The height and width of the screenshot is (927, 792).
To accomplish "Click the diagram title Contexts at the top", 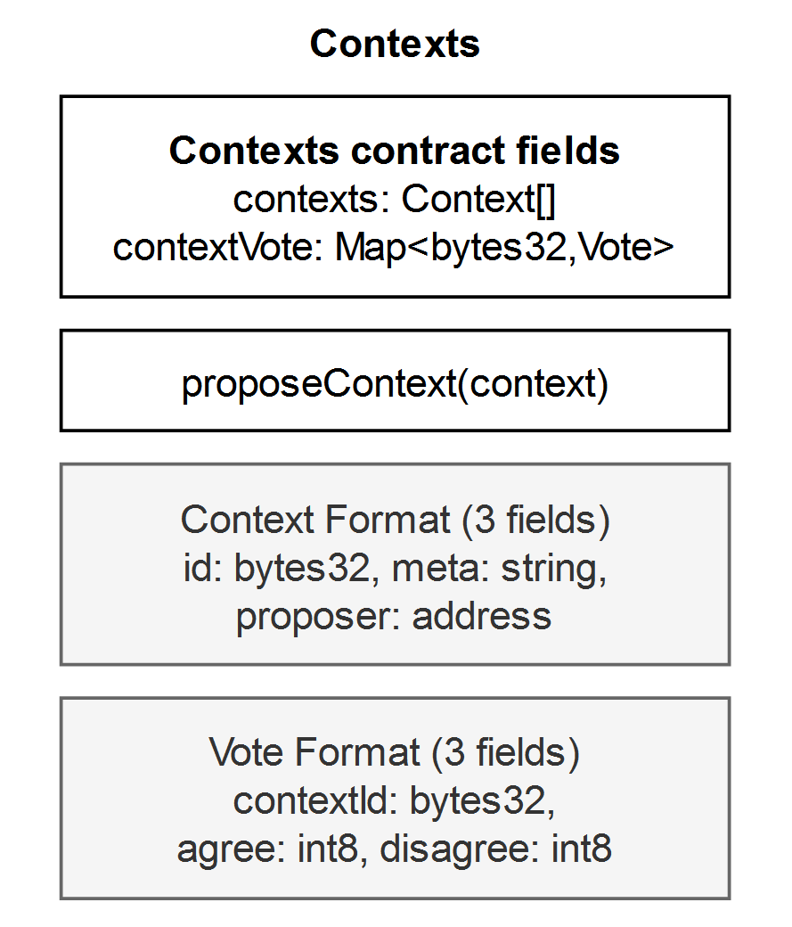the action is coord(395,44).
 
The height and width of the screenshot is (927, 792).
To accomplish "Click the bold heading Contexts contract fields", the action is coord(395,150).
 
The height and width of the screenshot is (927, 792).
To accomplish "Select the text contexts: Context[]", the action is coord(395,200).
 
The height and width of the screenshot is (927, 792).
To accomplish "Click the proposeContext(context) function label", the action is coord(395,384).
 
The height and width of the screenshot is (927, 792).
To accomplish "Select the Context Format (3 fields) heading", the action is coord(395,521).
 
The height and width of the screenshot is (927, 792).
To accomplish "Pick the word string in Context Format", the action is coord(554,570).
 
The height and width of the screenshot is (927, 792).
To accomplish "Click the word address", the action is coord(482,616).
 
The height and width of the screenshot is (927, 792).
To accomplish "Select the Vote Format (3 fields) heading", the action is coord(395,752).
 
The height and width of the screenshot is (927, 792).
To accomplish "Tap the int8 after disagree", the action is coord(582,849).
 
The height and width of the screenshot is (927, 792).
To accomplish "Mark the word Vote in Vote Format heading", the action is coord(247,752).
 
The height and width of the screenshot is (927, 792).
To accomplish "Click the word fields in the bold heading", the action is coord(568,150).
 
